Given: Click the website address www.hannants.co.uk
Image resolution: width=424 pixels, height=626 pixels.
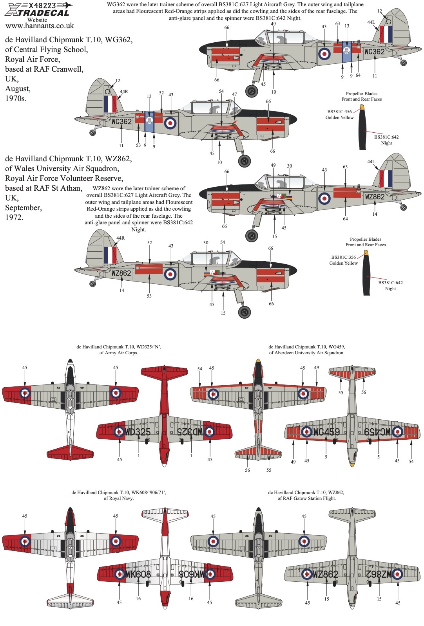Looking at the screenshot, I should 40,26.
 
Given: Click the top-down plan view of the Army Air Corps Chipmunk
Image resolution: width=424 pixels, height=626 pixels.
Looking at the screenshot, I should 70,407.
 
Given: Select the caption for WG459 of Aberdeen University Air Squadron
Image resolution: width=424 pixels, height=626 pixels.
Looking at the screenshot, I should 306,350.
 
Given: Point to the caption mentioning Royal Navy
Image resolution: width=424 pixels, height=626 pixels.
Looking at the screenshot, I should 118,495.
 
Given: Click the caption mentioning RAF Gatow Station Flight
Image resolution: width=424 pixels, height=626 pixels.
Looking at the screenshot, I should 306,495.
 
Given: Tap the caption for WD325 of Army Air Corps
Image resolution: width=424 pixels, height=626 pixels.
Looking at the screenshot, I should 118,350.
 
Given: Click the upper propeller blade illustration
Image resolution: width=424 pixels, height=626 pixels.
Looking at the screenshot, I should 363,127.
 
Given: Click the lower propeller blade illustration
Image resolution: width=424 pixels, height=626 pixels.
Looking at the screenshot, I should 366,273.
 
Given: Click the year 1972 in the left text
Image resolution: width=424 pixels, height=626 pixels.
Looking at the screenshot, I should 14,218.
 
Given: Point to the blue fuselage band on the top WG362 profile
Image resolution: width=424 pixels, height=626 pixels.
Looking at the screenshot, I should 346,52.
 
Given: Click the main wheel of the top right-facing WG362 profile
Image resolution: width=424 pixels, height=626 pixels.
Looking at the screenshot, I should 252,91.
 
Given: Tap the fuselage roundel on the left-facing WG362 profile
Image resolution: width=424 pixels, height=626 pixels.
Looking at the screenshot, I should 170,123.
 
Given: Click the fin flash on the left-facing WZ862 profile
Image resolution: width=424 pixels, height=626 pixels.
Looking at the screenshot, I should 110,255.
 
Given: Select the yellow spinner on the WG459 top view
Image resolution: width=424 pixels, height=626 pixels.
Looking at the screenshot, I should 258,361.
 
